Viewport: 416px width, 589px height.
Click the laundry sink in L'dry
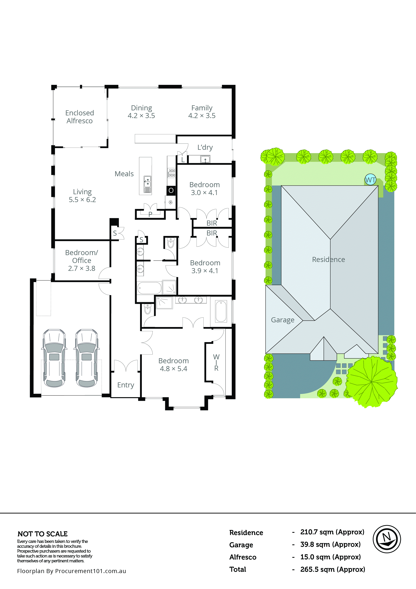pos(205,159)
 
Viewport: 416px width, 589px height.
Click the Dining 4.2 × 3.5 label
pos(141,112)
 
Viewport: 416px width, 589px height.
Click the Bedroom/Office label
pos(81,260)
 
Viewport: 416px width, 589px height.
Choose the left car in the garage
pos(54,358)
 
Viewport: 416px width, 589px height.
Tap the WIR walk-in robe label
pos(216,362)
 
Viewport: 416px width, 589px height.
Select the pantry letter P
pos(150,214)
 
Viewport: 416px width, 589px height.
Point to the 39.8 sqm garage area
pos(330,544)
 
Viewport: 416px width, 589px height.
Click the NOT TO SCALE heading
pos(43,534)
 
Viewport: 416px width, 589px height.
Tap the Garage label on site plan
pos(283,320)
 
